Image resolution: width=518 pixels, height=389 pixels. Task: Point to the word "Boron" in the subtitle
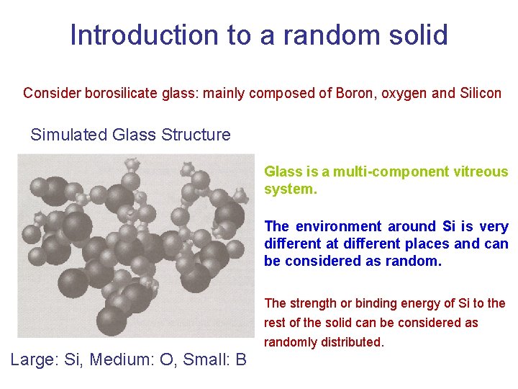coord(354,93)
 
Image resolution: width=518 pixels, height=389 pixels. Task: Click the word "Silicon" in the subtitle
coord(478,93)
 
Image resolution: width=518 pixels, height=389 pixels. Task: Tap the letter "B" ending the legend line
coord(240,359)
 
